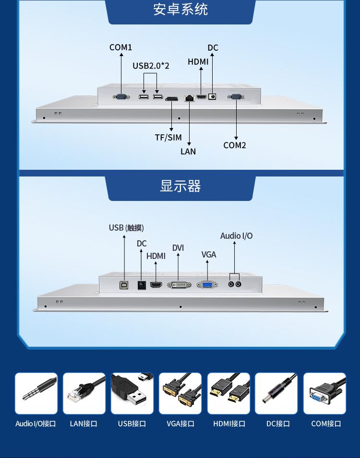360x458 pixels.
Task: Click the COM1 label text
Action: point(120,47)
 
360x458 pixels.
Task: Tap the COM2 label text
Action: point(235,145)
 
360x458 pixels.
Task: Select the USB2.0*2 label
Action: point(151,66)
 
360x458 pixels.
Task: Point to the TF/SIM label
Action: point(168,138)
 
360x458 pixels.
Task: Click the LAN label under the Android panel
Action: point(188,152)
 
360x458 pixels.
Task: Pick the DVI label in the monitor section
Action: point(178,248)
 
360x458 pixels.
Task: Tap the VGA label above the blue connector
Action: point(209,255)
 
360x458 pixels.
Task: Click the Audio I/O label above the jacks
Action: point(236,236)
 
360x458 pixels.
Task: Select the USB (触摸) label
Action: point(126,228)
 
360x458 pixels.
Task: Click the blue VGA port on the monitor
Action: point(207,285)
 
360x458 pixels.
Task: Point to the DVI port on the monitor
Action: point(179,285)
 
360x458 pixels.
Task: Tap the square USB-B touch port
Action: point(124,285)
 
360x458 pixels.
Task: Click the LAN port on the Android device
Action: point(190,97)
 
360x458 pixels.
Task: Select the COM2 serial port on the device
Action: point(236,97)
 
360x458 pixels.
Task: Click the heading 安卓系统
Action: point(180,10)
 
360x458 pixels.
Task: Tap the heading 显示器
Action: point(180,186)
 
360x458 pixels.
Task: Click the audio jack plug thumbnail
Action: point(36,394)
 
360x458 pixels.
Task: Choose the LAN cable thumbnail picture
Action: point(84,394)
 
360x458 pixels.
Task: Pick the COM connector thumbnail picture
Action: point(324,394)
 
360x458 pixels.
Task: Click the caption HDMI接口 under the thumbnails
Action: point(229,424)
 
